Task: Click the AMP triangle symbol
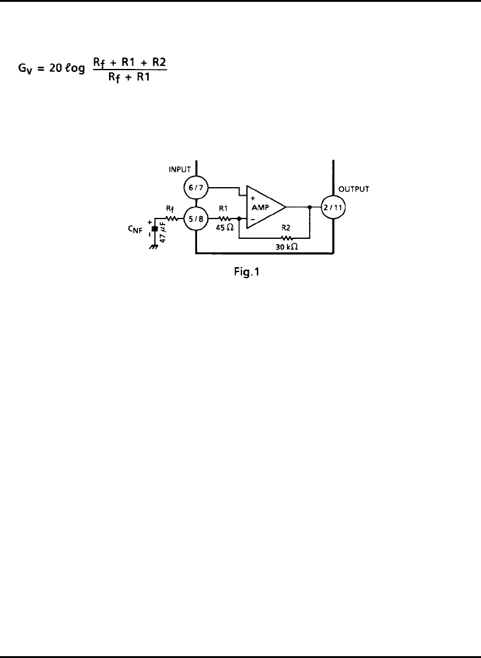(266, 207)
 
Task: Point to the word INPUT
(180, 169)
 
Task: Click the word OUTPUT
(354, 189)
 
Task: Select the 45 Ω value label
(225, 227)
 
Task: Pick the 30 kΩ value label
(286, 247)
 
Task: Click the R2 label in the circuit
(286, 228)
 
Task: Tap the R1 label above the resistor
(224, 208)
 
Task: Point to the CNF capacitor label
(135, 229)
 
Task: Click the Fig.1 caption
(246, 272)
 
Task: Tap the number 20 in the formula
(55, 68)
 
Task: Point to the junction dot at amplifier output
(310, 207)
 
